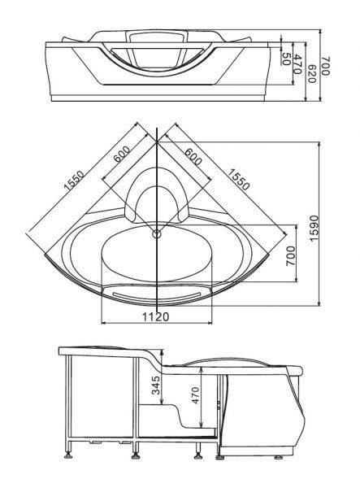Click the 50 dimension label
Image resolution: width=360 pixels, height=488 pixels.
click(x=286, y=59)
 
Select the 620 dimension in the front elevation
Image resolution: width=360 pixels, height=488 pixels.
click(x=311, y=73)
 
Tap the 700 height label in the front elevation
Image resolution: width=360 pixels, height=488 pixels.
click(x=325, y=66)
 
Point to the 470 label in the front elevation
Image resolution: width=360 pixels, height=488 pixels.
click(x=297, y=63)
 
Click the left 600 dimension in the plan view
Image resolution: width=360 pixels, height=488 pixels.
click(x=122, y=155)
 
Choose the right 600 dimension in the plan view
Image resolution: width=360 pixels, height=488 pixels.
click(x=193, y=156)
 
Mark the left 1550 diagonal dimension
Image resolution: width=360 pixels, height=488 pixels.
click(x=74, y=181)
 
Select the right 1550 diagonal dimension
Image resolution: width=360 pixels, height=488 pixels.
click(x=238, y=179)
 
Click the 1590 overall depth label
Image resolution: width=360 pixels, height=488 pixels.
click(x=314, y=228)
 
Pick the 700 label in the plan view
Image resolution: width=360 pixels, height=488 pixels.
click(x=290, y=256)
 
